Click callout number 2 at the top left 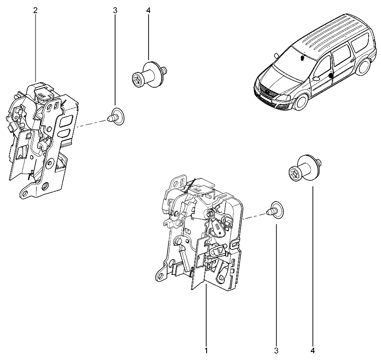36,10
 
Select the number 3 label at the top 115,10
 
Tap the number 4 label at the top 149,10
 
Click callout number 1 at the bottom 206,351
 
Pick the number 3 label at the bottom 276,351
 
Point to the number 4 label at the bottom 312,351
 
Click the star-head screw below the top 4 149,74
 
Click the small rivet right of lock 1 275,210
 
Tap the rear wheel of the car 363,66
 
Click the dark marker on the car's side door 331,75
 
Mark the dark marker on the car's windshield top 302,58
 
